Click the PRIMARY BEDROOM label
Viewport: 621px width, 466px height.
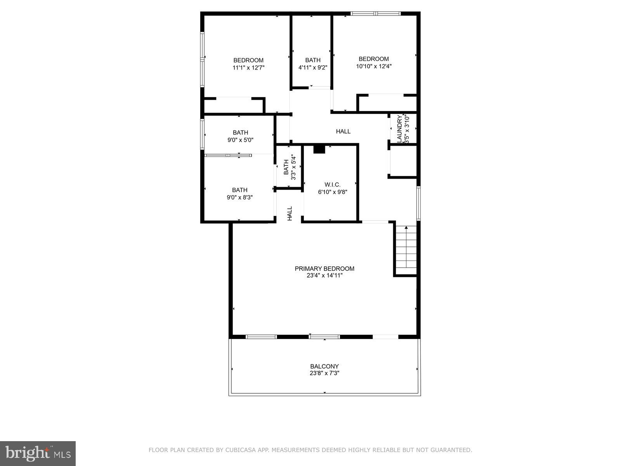pyautogui.click(x=324, y=268)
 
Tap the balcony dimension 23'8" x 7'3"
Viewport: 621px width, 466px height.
pyautogui.click(x=324, y=373)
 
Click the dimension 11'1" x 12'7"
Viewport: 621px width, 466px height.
pyautogui.click(x=248, y=68)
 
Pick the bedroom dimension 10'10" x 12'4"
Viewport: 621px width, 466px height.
pyautogui.click(x=374, y=66)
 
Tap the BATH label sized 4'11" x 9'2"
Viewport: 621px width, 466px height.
pyautogui.click(x=313, y=60)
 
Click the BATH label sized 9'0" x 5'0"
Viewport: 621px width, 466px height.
pyautogui.click(x=240, y=132)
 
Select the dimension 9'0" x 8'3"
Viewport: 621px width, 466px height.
pyautogui.click(x=240, y=197)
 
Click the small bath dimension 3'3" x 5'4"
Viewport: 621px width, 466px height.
pyautogui.click(x=294, y=168)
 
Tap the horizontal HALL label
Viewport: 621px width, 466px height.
pyautogui.click(x=343, y=131)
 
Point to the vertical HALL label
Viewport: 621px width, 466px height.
pyautogui.click(x=290, y=214)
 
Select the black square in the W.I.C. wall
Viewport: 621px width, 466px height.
pyautogui.click(x=319, y=149)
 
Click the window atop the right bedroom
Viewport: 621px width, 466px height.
pyautogui.click(x=375, y=14)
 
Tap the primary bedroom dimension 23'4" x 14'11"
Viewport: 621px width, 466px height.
pyautogui.click(x=324, y=275)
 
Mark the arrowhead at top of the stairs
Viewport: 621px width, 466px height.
pyautogui.click(x=406, y=228)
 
